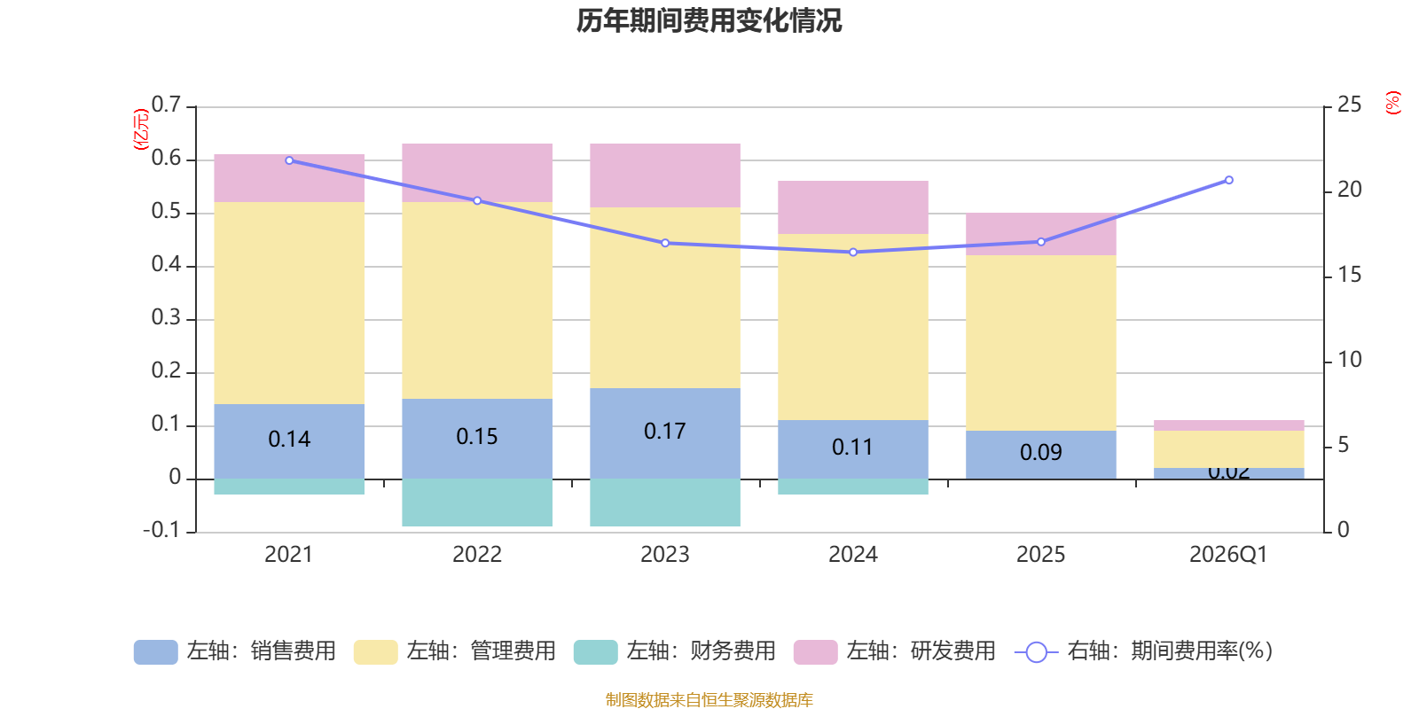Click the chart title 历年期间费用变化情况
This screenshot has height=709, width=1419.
coord(709,20)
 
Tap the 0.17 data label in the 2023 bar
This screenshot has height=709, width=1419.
coord(664,432)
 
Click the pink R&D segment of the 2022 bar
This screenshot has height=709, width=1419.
coord(477,172)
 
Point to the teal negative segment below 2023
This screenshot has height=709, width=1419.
coord(665,503)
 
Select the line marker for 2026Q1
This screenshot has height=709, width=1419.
coord(1229,180)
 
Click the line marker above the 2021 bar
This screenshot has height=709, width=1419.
coord(289,160)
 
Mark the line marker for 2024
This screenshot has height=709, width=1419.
coord(853,253)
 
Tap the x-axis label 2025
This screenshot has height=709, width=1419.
coord(1040,555)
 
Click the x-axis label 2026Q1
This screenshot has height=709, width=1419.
coord(1228,555)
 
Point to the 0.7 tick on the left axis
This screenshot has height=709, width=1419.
coord(166,105)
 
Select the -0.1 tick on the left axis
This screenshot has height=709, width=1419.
coord(161,530)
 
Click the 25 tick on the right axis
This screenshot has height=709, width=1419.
coord(1349,105)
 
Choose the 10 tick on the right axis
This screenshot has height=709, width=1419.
coord(1349,360)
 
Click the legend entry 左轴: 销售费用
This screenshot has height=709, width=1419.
coord(235,651)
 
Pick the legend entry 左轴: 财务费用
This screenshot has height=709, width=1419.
coord(675,651)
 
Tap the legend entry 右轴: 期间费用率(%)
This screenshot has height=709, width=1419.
coord(1143,651)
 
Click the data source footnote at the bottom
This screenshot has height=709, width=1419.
coord(709,700)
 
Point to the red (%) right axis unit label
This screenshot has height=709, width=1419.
coord(1393,103)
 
